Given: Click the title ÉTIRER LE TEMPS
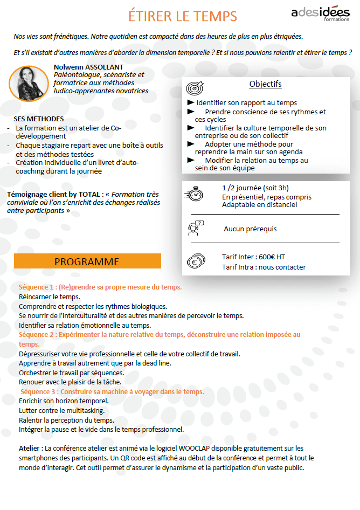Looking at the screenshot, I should tap(183, 16).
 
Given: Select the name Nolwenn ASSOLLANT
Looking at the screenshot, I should tap(88, 67).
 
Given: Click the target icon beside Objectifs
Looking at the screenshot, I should tap(195, 88).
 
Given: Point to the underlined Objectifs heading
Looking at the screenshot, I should tap(265, 84).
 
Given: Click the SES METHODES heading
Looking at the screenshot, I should tap(38, 119).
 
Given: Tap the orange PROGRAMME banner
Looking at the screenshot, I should tap(87, 261).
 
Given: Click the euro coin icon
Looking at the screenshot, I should tap(195, 261).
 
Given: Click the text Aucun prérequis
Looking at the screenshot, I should tap(250, 229).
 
